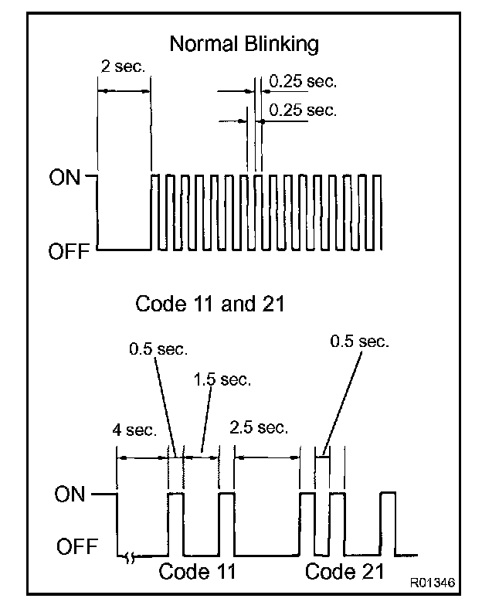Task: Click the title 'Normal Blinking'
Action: (x=243, y=43)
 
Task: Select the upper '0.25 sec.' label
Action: (x=303, y=80)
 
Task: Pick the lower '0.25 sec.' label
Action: (x=303, y=110)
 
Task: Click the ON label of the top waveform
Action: (x=65, y=178)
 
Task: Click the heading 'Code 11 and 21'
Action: (x=210, y=304)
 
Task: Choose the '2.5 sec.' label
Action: (x=260, y=427)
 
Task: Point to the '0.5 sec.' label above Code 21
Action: (x=360, y=340)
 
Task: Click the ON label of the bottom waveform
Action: (x=70, y=495)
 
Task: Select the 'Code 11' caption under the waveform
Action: (x=197, y=573)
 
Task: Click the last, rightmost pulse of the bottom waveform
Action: (x=387, y=522)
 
